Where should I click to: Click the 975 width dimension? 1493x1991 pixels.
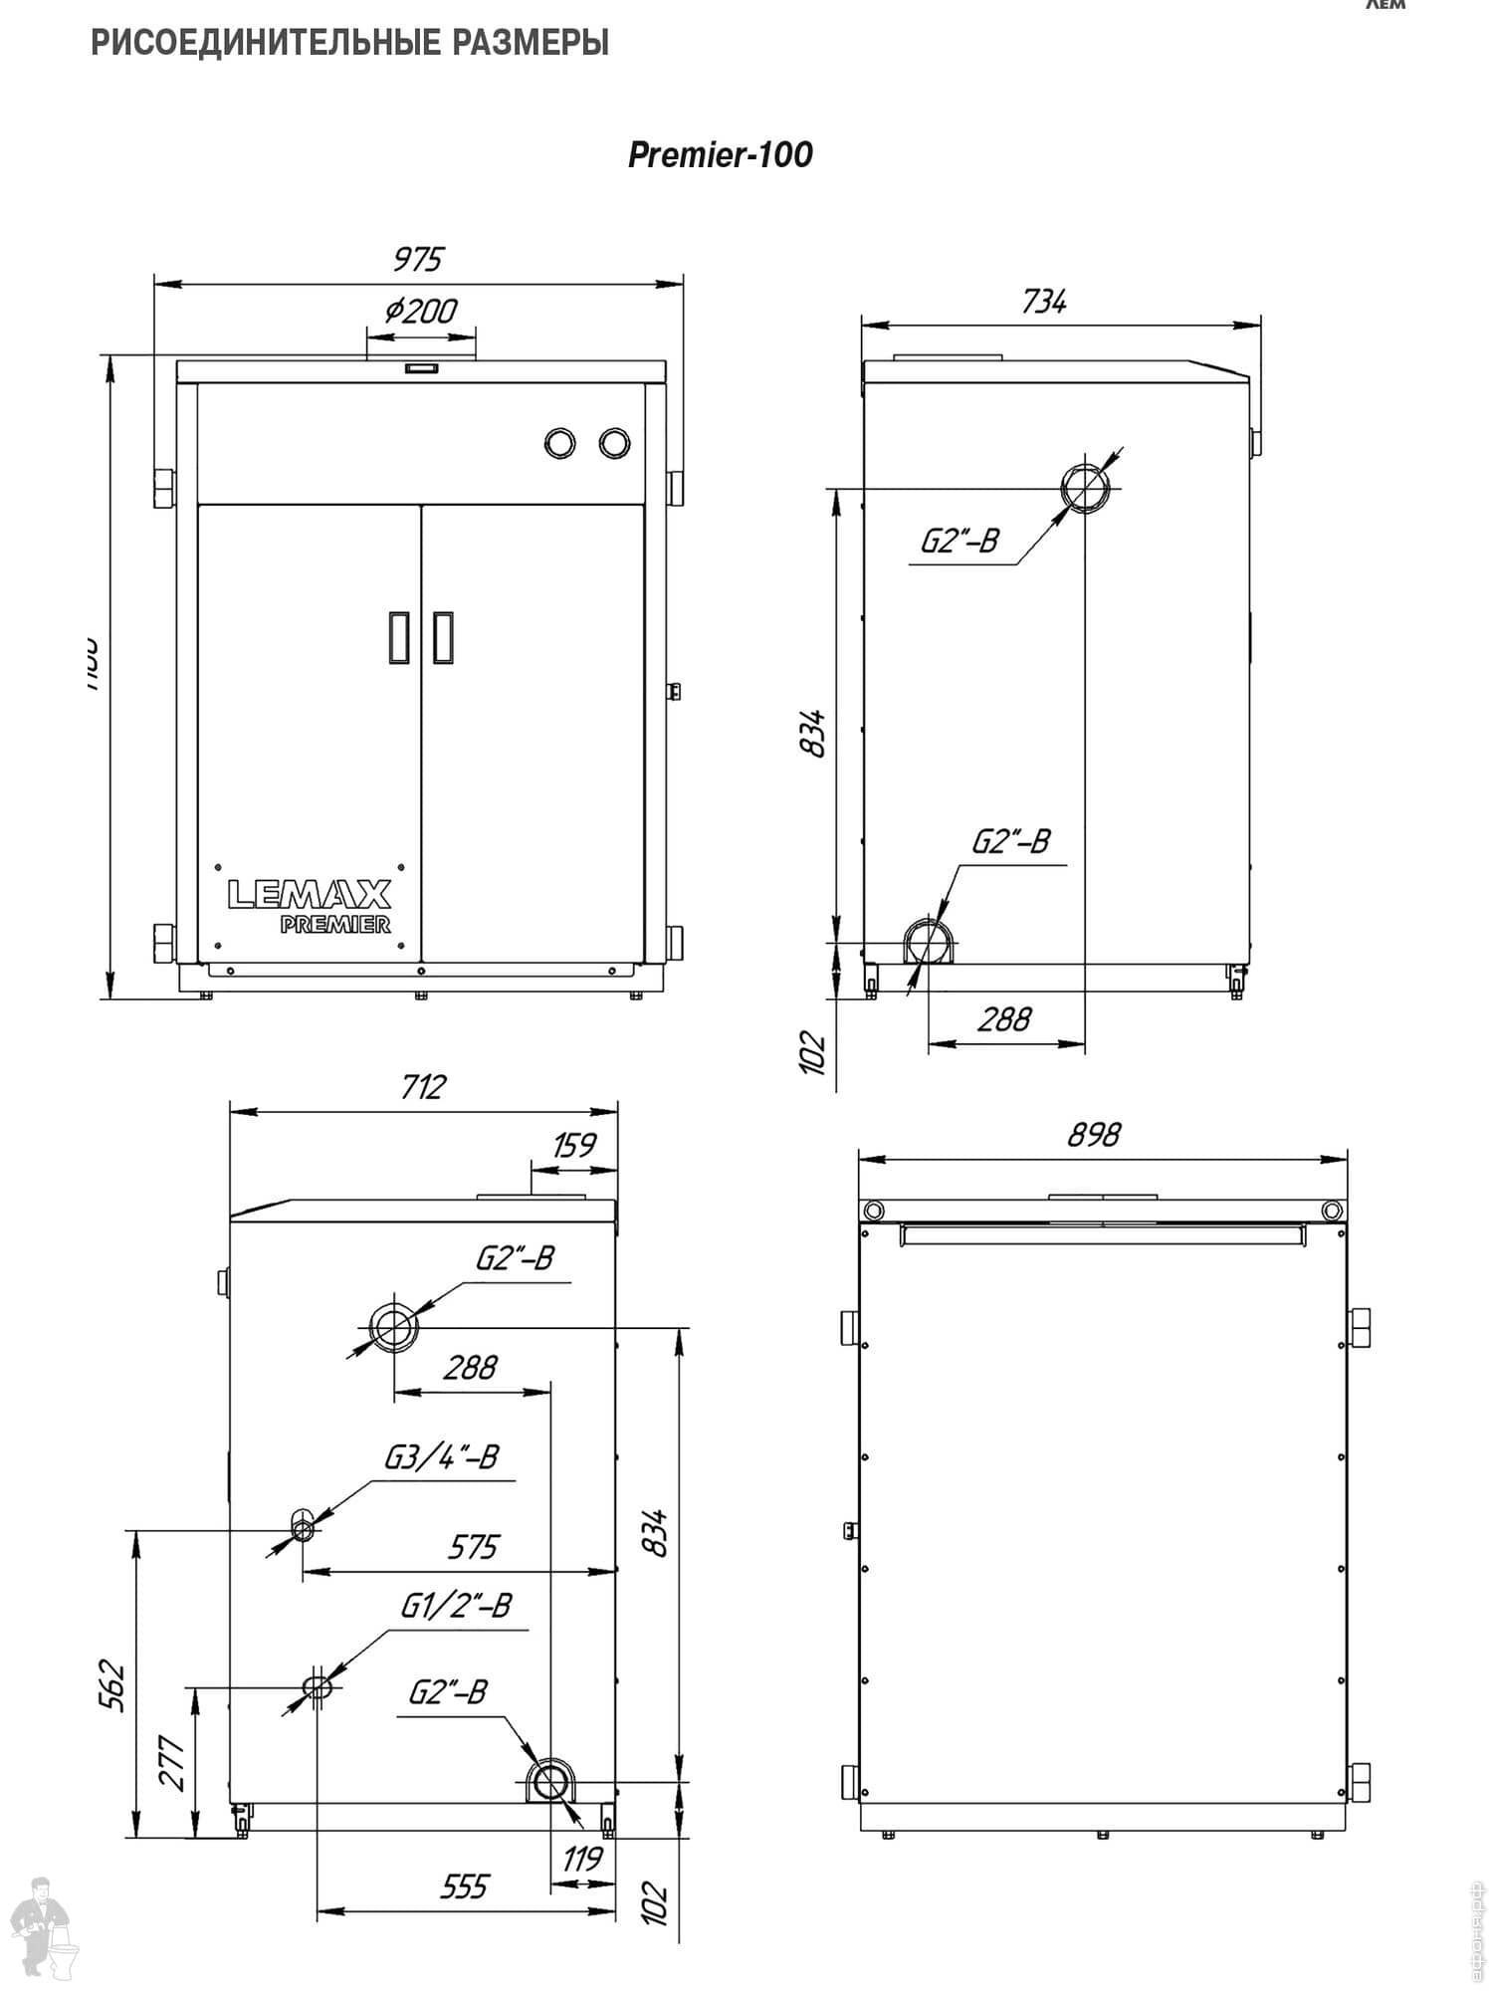417,259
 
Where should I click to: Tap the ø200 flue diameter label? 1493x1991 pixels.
421,312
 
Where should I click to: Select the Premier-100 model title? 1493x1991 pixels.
720,154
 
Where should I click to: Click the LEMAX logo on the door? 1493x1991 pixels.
310,893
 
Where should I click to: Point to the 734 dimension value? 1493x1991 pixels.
1043,301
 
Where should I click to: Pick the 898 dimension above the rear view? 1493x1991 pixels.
1094,1134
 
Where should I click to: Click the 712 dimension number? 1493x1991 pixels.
423,1086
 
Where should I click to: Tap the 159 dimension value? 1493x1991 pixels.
574,1145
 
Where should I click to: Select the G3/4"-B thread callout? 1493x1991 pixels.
441,1457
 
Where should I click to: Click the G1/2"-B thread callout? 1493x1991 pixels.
456,1606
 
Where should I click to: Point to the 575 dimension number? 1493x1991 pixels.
472,1547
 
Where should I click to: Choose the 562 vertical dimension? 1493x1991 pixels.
112,1685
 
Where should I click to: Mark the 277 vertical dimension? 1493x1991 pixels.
173,1762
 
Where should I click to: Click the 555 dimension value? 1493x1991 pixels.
464,1885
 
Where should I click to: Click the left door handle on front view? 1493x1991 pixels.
399,637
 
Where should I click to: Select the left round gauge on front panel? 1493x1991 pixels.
560,443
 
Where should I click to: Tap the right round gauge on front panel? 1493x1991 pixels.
614,443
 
